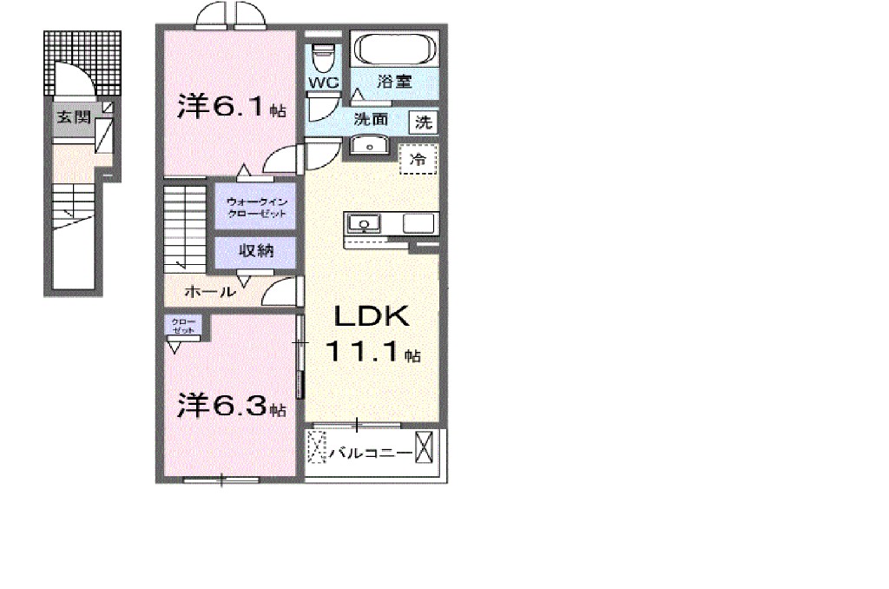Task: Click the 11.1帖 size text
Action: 373,352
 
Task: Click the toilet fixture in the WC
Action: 323,58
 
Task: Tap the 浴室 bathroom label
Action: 395,83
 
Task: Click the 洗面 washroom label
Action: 371,120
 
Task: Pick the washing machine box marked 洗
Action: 423,122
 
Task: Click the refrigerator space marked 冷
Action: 417,160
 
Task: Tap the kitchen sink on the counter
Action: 364,223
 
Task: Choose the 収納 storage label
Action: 256,252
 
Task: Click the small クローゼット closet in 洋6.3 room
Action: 184,327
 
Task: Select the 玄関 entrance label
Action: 74,118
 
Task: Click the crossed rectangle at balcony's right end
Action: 425,449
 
